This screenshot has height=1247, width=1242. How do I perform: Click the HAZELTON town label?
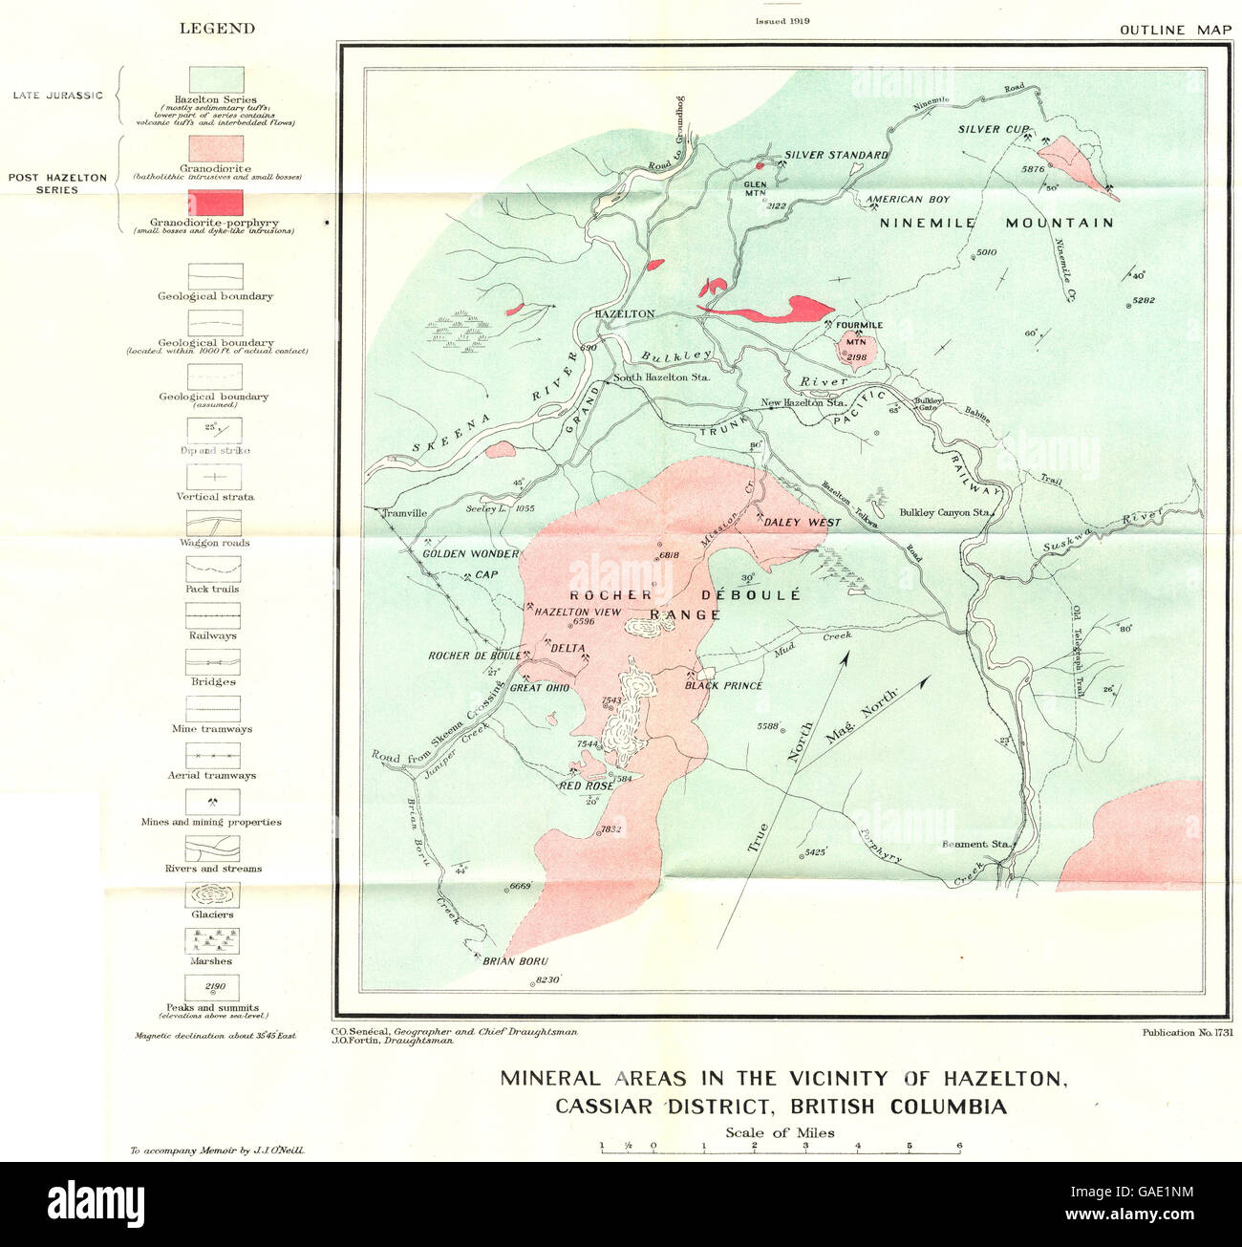[x=624, y=313]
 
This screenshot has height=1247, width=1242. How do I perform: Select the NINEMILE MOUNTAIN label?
[x=996, y=223]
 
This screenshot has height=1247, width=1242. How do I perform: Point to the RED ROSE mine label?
[x=586, y=785]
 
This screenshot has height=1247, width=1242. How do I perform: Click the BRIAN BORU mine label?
[x=515, y=961]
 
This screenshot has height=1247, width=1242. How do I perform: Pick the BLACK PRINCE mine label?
[x=723, y=685]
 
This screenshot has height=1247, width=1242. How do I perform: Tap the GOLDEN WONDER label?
[x=470, y=554]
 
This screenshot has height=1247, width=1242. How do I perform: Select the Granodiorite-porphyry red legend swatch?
[x=215, y=203]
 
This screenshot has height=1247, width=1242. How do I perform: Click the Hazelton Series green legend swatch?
[x=215, y=79]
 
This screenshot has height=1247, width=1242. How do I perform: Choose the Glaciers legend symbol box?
[x=212, y=895]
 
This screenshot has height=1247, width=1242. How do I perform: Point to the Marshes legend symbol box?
[x=212, y=941]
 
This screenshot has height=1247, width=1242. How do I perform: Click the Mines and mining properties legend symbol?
[x=212, y=802]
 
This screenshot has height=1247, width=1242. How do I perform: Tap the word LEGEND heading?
[x=217, y=29]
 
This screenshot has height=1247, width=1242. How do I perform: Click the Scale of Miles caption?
[x=780, y=1133]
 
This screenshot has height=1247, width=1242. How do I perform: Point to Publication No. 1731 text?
[x=1186, y=1032]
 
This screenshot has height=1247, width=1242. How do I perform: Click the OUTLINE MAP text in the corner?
[x=1175, y=30]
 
